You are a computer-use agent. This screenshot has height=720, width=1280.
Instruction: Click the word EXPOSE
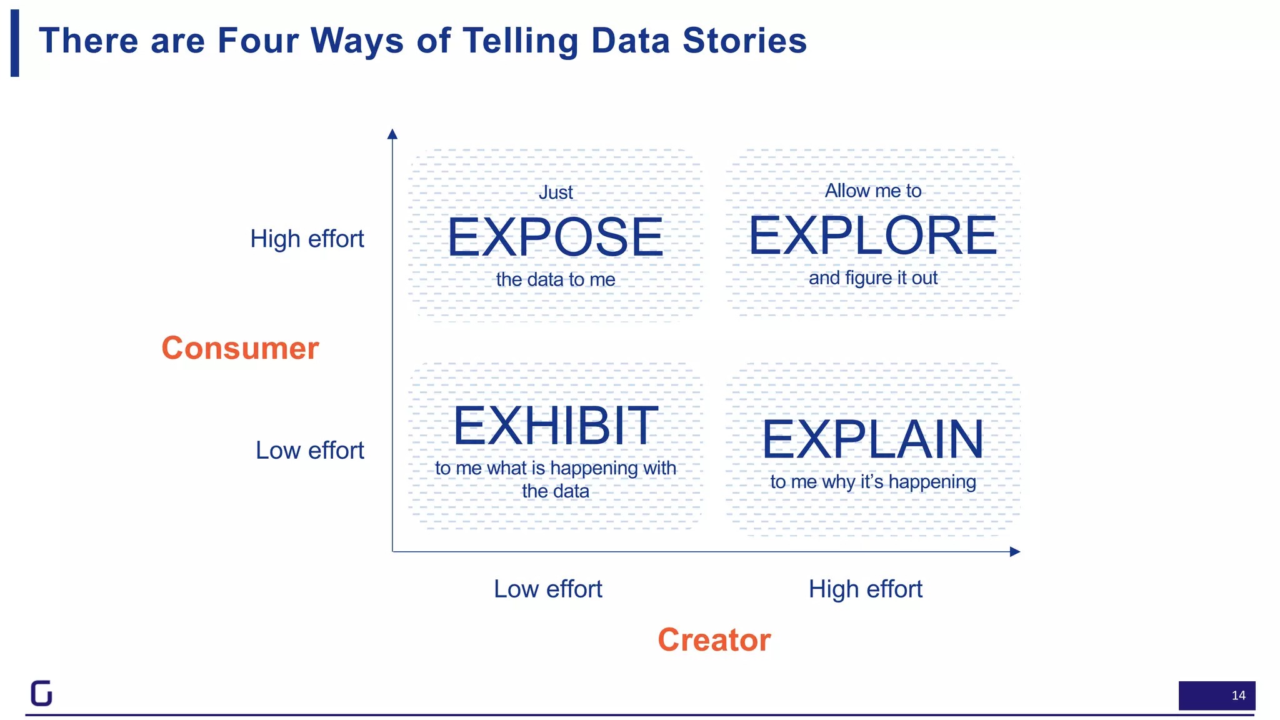[555, 237]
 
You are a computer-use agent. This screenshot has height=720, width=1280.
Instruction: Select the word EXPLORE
[872, 236]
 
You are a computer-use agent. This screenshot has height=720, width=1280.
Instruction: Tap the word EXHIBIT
[555, 426]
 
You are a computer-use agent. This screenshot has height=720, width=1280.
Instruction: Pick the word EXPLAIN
[872, 439]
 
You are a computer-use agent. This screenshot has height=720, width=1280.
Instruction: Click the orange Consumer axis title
[240, 348]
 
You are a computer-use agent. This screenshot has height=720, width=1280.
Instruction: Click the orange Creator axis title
[714, 640]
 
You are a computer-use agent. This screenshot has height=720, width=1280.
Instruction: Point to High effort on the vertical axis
[307, 239]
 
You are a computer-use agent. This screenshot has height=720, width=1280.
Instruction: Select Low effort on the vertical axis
[309, 450]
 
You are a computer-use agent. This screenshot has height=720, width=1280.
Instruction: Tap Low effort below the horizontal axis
[547, 589]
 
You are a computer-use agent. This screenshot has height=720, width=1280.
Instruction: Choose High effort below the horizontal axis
[865, 589]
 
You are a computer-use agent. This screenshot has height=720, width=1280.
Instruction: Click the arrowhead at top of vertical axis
[392, 134]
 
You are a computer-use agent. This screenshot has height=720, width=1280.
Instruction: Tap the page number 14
[1237, 696]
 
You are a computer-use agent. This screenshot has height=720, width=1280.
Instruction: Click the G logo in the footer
[42, 693]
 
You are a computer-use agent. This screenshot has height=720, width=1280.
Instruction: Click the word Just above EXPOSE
[555, 192]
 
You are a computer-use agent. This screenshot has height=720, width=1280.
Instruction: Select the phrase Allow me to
[872, 191]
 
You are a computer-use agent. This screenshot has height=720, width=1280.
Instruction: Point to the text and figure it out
[872, 278]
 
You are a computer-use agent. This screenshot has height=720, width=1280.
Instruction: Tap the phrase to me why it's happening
[872, 482]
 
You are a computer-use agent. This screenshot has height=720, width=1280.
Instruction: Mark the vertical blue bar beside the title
[15, 43]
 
